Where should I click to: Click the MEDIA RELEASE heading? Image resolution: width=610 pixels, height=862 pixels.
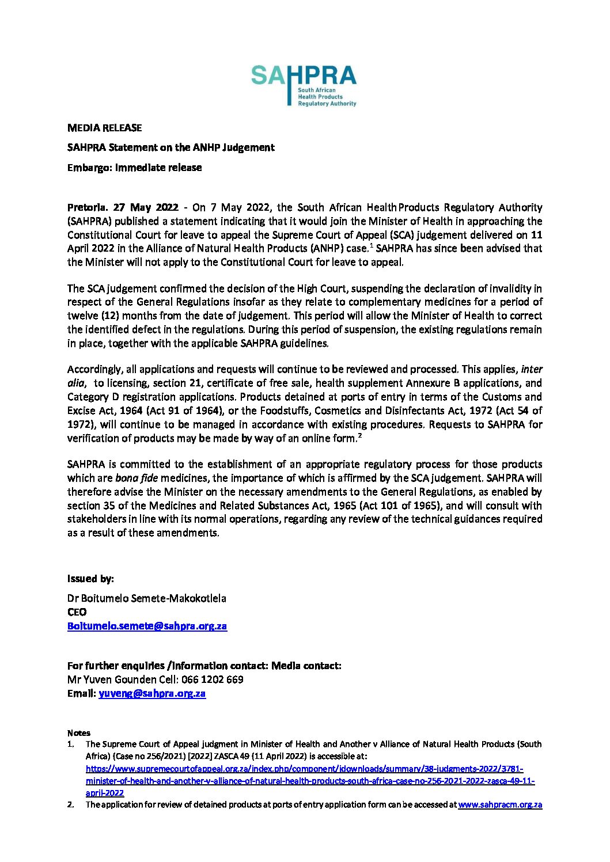(104, 128)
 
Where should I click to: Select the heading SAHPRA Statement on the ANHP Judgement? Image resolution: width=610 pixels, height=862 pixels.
(171, 147)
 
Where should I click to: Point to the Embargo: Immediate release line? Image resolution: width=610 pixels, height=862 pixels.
(134, 168)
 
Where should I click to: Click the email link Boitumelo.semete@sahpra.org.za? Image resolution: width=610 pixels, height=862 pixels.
(147, 626)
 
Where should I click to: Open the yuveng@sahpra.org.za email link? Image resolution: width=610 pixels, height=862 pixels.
(152, 693)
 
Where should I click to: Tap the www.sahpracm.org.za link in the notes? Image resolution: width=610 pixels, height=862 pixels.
(500, 804)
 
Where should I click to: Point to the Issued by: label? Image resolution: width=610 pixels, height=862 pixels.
(90, 579)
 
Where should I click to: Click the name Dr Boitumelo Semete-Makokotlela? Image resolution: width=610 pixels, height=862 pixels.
(146, 598)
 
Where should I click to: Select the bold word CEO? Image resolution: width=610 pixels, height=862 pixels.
(77, 612)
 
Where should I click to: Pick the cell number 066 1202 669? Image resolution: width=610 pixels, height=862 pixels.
(213, 679)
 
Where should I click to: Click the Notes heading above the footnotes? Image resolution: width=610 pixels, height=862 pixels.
(79, 733)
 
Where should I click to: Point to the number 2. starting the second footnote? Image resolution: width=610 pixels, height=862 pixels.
(71, 804)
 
